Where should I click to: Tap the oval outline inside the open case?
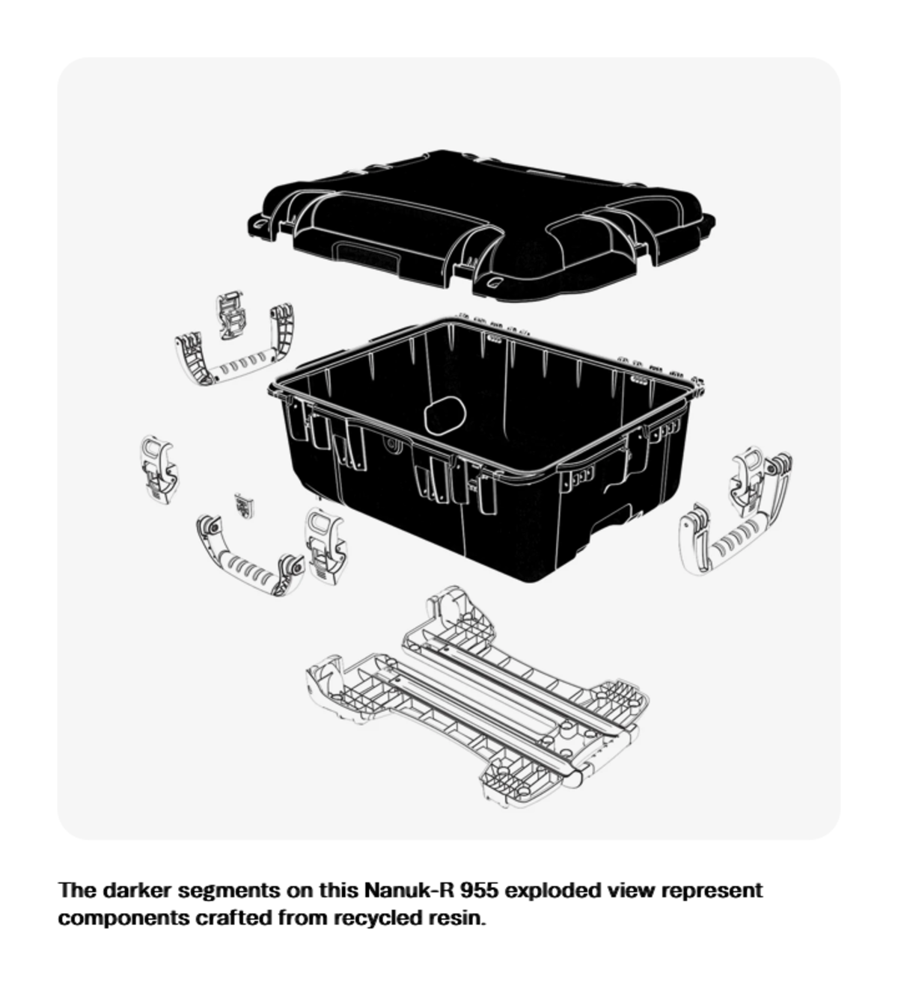[445, 416]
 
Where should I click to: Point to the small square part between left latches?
[243, 505]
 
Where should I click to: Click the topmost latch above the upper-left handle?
[230, 316]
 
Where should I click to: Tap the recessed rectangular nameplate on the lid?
[366, 256]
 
